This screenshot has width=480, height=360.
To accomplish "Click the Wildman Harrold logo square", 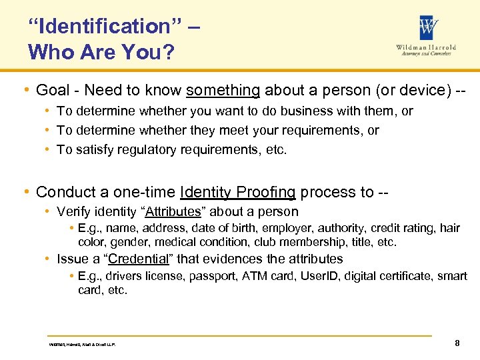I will (x=429, y=27).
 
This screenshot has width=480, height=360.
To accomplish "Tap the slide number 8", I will (x=457, y=343).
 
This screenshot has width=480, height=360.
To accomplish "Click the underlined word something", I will (x=223, y=90).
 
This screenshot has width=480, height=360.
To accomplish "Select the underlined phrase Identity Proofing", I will (x=238, y=192).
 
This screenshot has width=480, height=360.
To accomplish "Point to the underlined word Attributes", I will (x=173, y=212).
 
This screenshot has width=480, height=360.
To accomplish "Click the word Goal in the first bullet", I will (x=51, y=90).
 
